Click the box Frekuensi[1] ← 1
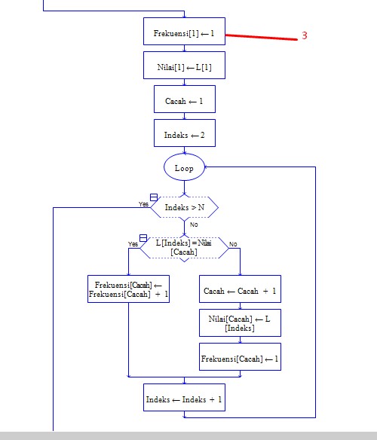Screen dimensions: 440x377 point(184,33)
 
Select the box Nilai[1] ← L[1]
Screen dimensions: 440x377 point(184,66)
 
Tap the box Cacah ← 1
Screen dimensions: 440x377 point(184,100)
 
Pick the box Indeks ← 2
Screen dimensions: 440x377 point(184,135)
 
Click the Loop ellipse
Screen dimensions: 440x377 point(184,168)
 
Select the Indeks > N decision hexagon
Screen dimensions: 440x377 point(184,206)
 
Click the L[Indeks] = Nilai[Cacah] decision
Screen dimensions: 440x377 point(184,247)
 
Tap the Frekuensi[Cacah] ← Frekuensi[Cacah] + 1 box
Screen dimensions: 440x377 point(128,289)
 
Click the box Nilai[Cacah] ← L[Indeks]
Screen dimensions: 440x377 point(240,323)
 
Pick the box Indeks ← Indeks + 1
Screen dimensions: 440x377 point(184,399)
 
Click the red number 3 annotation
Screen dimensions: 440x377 point(305,35)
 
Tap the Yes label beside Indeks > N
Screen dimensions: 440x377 point(143,204)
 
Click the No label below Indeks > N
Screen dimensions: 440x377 point(194,225)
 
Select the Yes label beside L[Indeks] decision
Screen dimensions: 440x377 point(133,244)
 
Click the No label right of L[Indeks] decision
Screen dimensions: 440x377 point(233,244)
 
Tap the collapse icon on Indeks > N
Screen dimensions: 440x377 point(154,197)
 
